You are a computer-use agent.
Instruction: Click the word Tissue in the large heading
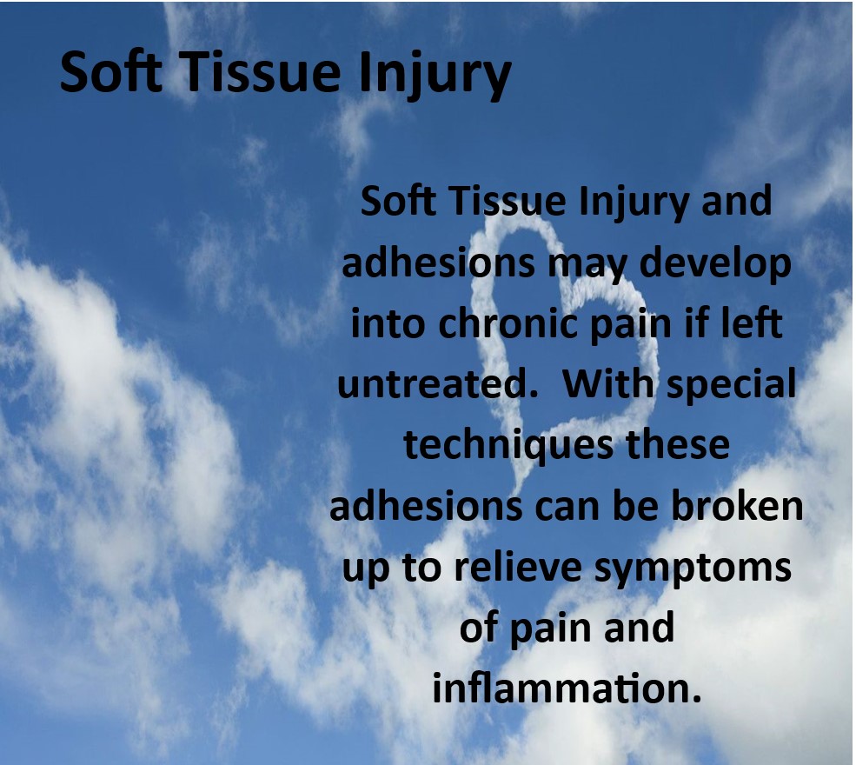261,72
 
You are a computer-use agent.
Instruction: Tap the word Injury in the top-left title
435,76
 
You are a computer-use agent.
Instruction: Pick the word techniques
508,447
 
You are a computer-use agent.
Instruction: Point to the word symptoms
693,570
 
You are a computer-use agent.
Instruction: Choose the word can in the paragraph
567,508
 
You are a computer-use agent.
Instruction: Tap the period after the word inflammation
696,700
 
